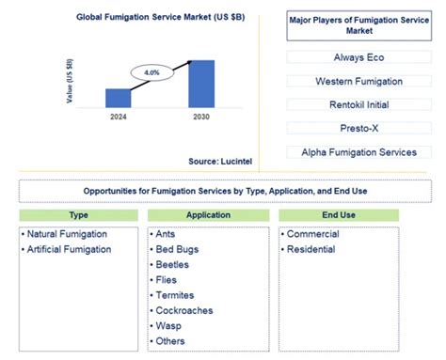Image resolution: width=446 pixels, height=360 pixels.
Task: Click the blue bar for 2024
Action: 119,98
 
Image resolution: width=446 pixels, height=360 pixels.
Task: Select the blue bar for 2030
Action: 201,84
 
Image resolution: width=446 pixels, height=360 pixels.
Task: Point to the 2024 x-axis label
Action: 119,117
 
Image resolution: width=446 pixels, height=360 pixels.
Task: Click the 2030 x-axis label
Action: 201,117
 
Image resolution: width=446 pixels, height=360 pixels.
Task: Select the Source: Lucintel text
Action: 215,162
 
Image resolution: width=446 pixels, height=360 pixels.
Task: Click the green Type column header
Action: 78,215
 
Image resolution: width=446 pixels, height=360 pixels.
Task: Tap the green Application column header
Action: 207,215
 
